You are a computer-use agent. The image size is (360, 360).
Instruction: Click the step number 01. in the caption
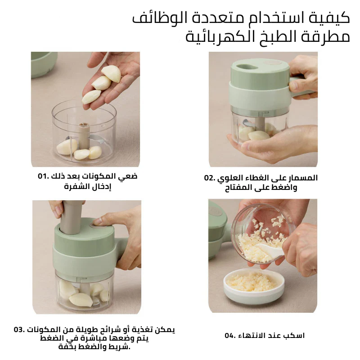(43, 176)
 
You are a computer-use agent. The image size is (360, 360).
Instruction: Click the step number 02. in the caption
(210, 178)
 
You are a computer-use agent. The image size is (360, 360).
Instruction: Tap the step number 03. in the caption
(19, 330)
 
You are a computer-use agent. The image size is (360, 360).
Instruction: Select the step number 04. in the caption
(230, 336)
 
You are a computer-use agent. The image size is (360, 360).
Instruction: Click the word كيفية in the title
(329, 18)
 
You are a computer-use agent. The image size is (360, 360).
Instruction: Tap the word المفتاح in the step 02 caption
(238, 188)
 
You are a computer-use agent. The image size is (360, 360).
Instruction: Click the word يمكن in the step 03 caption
(165, 330)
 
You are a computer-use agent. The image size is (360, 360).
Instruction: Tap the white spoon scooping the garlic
(269, 249)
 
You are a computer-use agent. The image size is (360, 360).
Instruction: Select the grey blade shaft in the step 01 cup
(84, 136)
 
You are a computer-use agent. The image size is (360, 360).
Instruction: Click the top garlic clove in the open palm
(111, 73)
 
